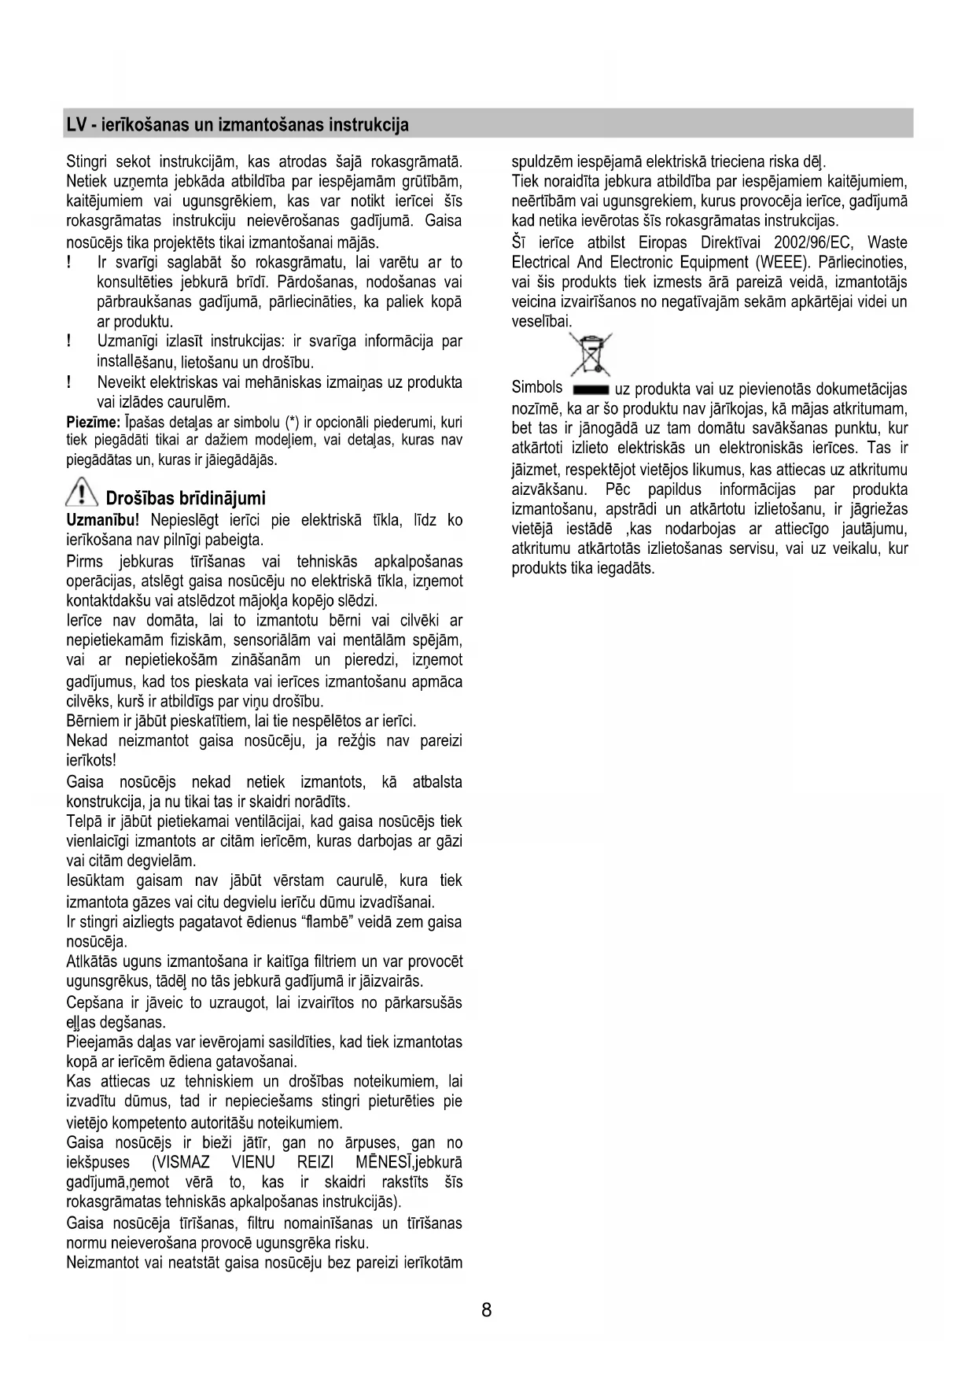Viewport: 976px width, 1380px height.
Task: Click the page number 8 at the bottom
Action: coord(486,1310)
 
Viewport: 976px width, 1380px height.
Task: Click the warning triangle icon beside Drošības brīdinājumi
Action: coord(82,496)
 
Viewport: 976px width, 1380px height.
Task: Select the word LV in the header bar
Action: coord(76,125)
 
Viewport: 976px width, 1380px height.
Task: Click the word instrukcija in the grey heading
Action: coord(369,125)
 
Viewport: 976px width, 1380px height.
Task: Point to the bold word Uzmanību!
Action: coord(103,520)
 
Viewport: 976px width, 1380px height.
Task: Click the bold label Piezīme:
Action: coord(93,422)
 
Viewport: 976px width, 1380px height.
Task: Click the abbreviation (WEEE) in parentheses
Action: coord(783,262)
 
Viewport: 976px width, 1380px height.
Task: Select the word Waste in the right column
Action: coord(887,242)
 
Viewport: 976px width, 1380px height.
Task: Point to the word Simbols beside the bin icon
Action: coord(537,387)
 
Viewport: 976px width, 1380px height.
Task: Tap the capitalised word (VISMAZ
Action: coord(181,1162)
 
